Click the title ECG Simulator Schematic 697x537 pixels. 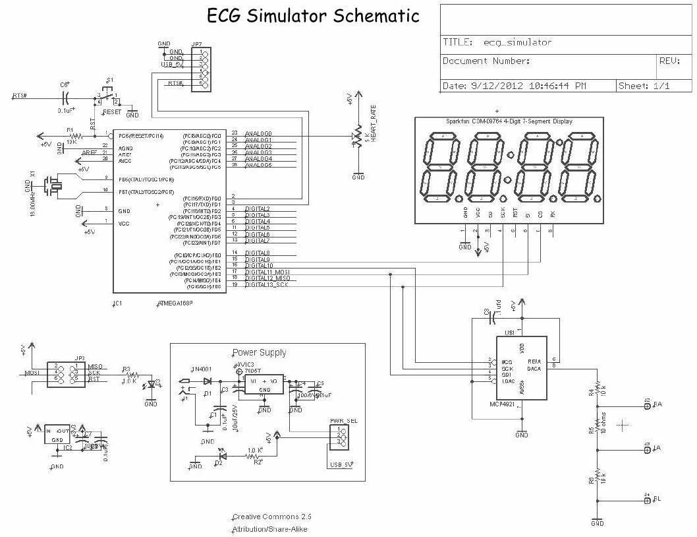[x=313, y=16]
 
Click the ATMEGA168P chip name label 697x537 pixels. [x=179, y=304]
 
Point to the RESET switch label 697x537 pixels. [x=112, y=112]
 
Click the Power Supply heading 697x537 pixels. [x=259, y=352]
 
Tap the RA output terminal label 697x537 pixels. [x=657, y=404]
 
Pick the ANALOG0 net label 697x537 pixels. [x=258, y=134]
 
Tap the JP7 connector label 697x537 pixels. [x=196, y=45]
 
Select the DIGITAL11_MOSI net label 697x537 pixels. [x=267, y=272]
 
